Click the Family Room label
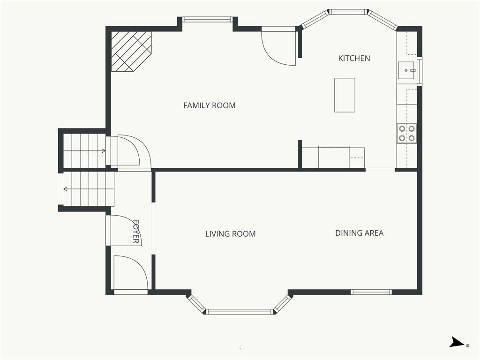(209, 105)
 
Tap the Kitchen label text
(354, 58)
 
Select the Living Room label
(230, 233)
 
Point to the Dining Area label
(359, 232)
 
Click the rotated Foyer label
(136, 232)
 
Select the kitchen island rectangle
(345, 95)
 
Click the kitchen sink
(406, 70)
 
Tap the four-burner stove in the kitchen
(406, 133)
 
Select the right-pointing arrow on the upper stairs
(103, 150)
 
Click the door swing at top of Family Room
(279, 47)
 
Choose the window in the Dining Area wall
(371, 292)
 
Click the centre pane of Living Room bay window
(240, 311)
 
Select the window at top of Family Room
(207, 20)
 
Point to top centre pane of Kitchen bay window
(347, 12)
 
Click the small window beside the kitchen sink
(420, 71)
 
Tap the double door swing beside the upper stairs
(129, 151)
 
